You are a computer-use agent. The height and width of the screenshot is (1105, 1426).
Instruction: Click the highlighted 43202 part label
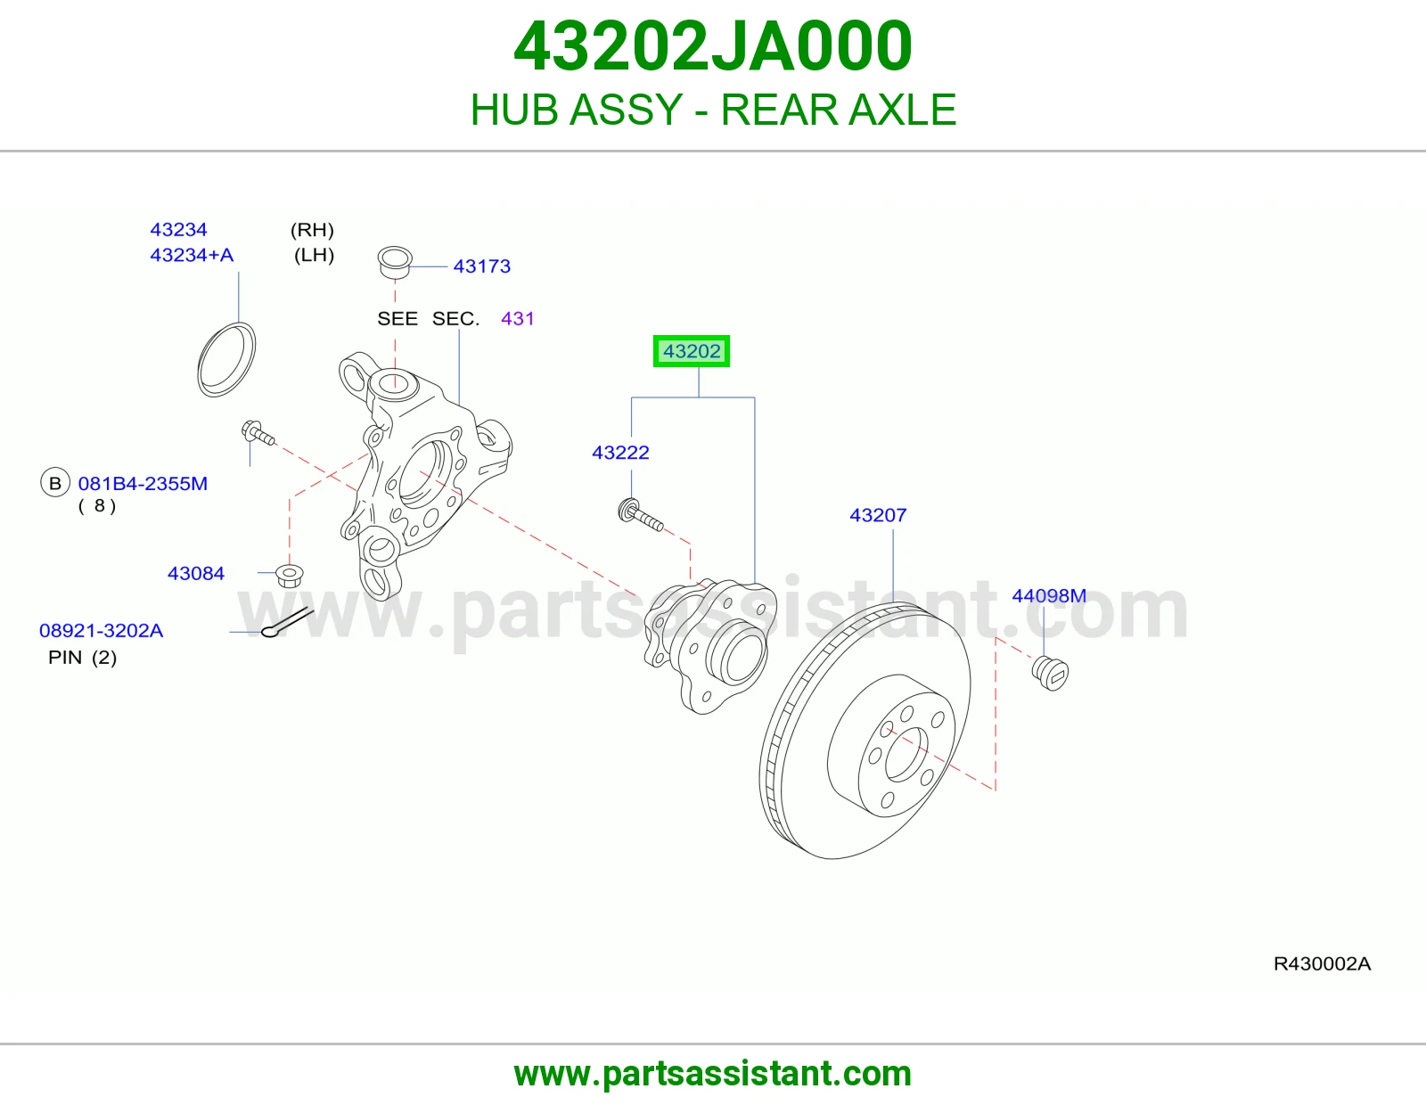click(x=691, y=351)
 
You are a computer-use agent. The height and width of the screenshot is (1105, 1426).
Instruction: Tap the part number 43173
click(x=481, y=266)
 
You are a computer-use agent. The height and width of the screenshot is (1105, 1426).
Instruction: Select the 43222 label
click(x=620, y=453)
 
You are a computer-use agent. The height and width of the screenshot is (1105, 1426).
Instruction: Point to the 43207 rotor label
click(x=878, y=515)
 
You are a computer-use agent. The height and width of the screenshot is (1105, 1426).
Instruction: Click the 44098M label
click(x=1049, y=596)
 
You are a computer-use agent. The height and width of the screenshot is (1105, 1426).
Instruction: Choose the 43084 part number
click(x=195, y=574)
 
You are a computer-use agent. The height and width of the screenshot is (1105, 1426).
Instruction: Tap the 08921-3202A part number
click(x=101, y=631)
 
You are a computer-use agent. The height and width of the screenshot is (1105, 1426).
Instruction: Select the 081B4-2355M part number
click(x=143, y=484)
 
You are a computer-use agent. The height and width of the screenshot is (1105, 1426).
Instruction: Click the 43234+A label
click(x=192, y=255)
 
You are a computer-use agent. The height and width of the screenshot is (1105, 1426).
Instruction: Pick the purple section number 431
click(x=517, y=319)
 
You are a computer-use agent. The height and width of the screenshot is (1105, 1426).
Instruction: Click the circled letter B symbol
click(x=55, y=483)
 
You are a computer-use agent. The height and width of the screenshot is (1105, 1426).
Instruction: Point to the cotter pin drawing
click(x=287, y=622)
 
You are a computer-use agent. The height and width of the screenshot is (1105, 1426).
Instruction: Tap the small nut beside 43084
click(x=290, y=576)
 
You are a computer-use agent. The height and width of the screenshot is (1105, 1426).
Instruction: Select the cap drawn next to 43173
click(x=395, y=263)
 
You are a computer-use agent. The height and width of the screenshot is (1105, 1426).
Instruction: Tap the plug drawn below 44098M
click(x=1050, y=673)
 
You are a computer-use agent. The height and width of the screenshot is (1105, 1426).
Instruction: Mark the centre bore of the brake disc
click(x=907, y=754)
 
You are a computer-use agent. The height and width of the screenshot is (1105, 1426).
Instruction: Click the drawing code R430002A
click(x=1322, y=964)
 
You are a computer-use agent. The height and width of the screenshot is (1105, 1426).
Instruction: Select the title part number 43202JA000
click(x=713, y=46)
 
